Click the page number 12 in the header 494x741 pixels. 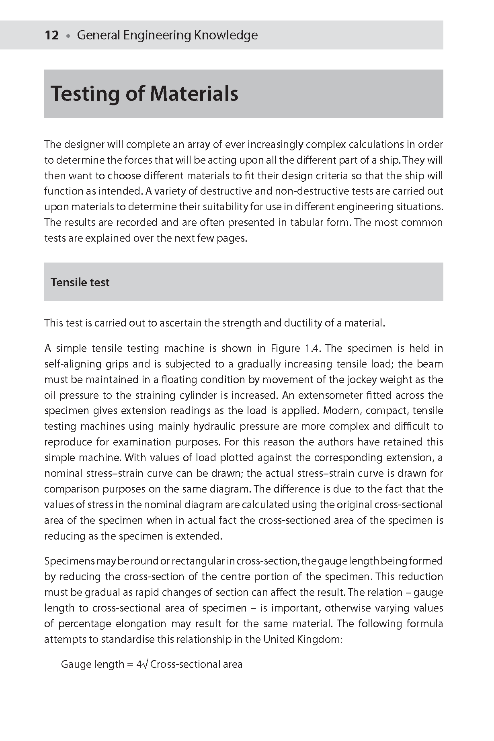point(52,35)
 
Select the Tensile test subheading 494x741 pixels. point(80,282)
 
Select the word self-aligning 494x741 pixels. point(73,364)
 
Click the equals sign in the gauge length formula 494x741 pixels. point(129,665)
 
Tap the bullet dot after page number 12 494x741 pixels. point(68,36)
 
